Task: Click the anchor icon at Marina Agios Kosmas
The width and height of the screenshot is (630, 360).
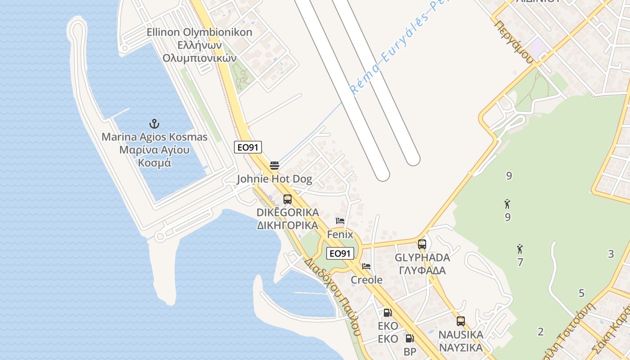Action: pos(154,123)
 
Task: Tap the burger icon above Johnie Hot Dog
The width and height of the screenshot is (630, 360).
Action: pos(274,165)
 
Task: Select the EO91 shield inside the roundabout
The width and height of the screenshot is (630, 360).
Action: pos(340,253)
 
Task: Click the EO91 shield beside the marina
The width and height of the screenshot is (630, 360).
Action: pos(247,147)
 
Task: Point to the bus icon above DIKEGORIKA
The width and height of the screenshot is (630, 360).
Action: pos(288,199)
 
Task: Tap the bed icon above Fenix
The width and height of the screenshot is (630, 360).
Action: pos(340,221)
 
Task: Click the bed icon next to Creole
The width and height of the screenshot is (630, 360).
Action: pos(366,266)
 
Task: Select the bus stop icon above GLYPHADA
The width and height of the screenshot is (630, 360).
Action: pos(422,244)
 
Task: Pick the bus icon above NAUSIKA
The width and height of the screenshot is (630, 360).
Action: pos(461,321)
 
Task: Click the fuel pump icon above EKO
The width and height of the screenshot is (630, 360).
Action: pos(387,312)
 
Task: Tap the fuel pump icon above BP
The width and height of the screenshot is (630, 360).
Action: pos(409,338)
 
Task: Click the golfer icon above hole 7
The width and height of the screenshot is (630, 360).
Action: pos(520,249)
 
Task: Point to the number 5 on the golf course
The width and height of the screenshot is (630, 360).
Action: pos(581,293)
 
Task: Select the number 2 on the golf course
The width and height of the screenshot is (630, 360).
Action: pos(540,332)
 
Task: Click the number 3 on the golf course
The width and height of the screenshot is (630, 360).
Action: pos(611,254)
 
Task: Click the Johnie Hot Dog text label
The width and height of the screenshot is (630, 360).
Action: pos(274,179)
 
